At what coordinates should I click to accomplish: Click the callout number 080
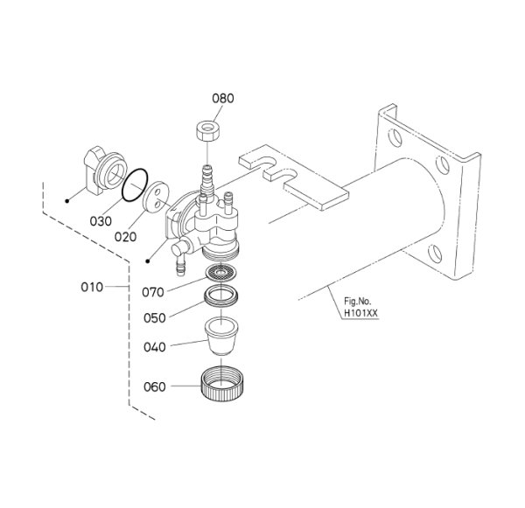tap(223, 99)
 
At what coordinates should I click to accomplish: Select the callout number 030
tap(101, 221)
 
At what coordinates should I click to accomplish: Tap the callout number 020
tap(125, 237)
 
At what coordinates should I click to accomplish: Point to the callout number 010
tap(92, 287)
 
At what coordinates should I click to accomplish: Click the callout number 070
tap(153, 293)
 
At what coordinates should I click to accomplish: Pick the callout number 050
tap(155, 318)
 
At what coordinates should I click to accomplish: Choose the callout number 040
tap(155, 347)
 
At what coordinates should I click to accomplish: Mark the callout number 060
tap(155, 386)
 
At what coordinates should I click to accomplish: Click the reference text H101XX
tap(360, 314)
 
